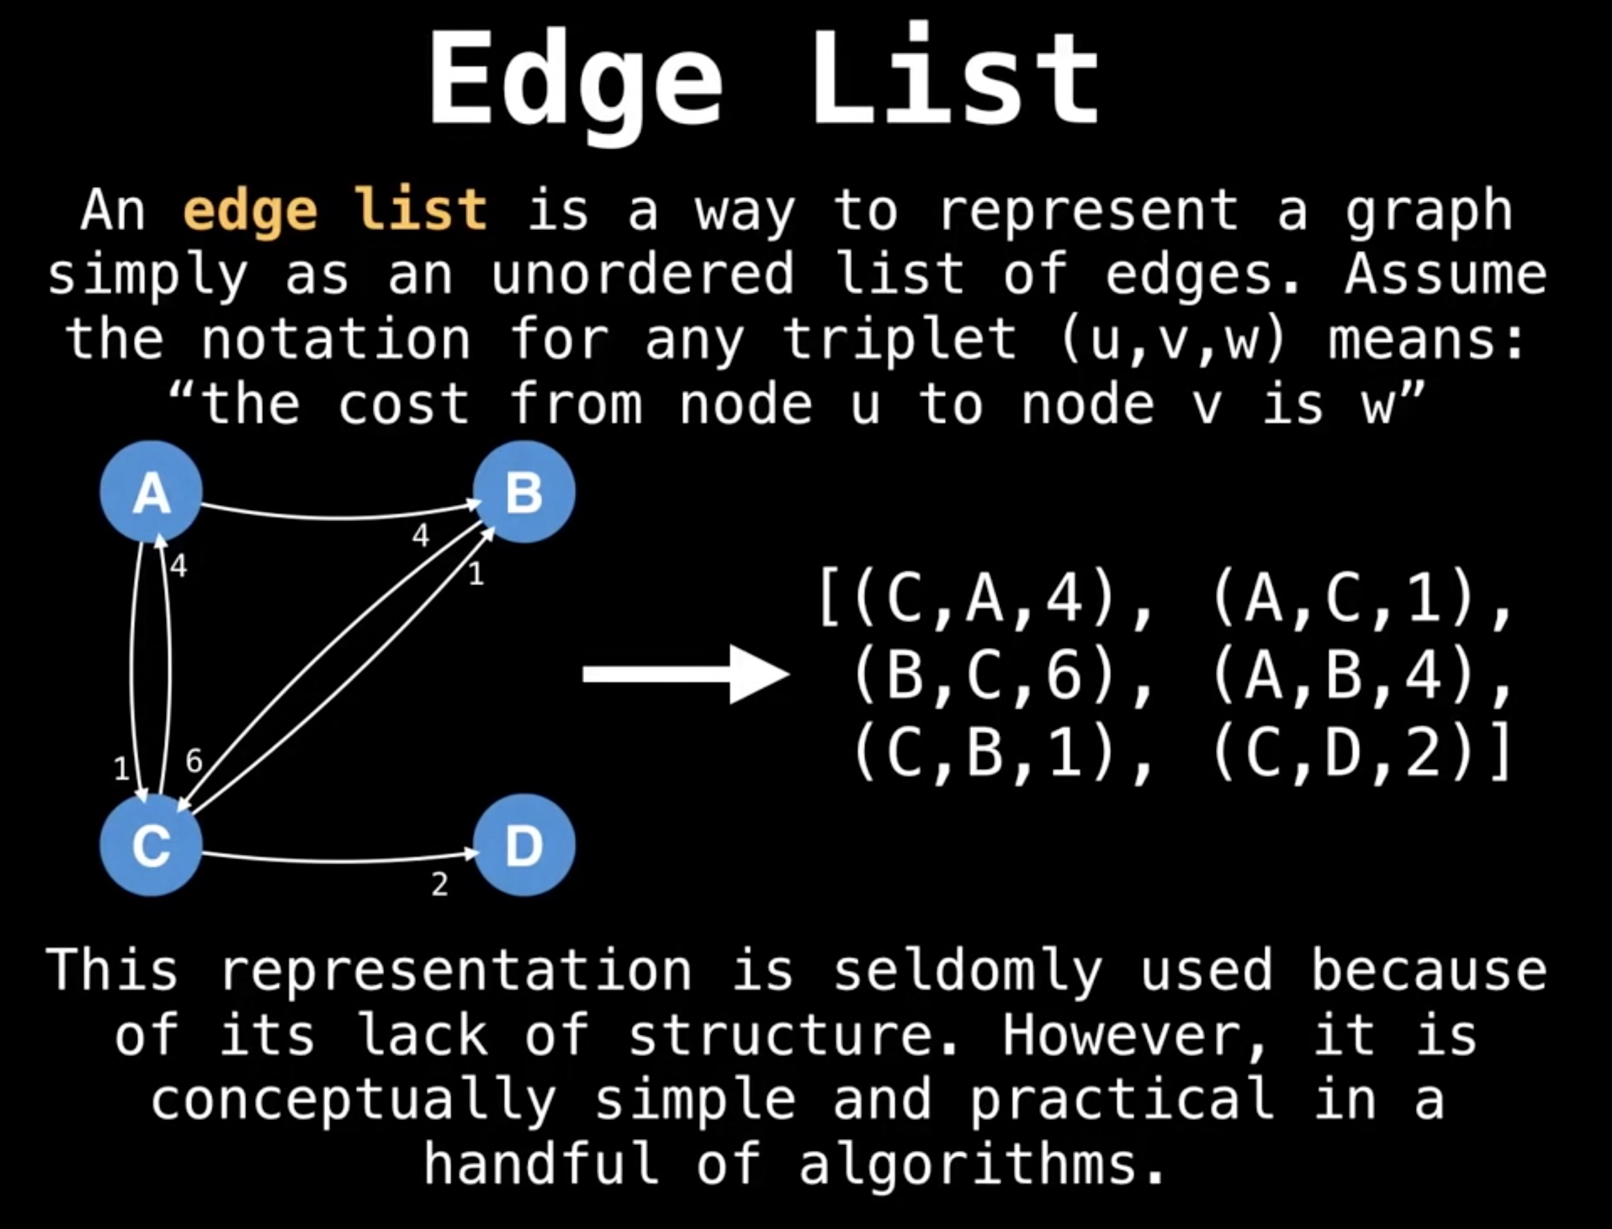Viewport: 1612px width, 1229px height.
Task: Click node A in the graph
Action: tap(151, 491)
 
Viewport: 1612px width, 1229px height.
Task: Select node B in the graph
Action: tap(524, 491)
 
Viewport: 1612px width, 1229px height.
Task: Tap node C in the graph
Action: tap(151, 845)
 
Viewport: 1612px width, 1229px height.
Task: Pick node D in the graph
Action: tap(524, 845)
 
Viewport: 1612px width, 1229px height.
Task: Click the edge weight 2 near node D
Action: tap(439, 885)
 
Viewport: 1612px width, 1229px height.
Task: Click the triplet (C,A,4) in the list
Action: tap(983, 598)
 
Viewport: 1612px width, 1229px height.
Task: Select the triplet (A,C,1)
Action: tap(1343, 598)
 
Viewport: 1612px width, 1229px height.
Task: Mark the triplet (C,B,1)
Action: tap(983, 753)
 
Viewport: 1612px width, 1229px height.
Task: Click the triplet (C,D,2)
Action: tap(1343, 753)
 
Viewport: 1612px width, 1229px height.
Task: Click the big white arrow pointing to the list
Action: tap(686, 673)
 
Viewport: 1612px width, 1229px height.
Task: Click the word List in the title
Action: tap(955, 77)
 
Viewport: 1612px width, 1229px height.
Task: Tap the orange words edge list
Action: tap(335, 211)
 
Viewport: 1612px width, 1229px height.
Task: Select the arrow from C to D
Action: tap(340, 859)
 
